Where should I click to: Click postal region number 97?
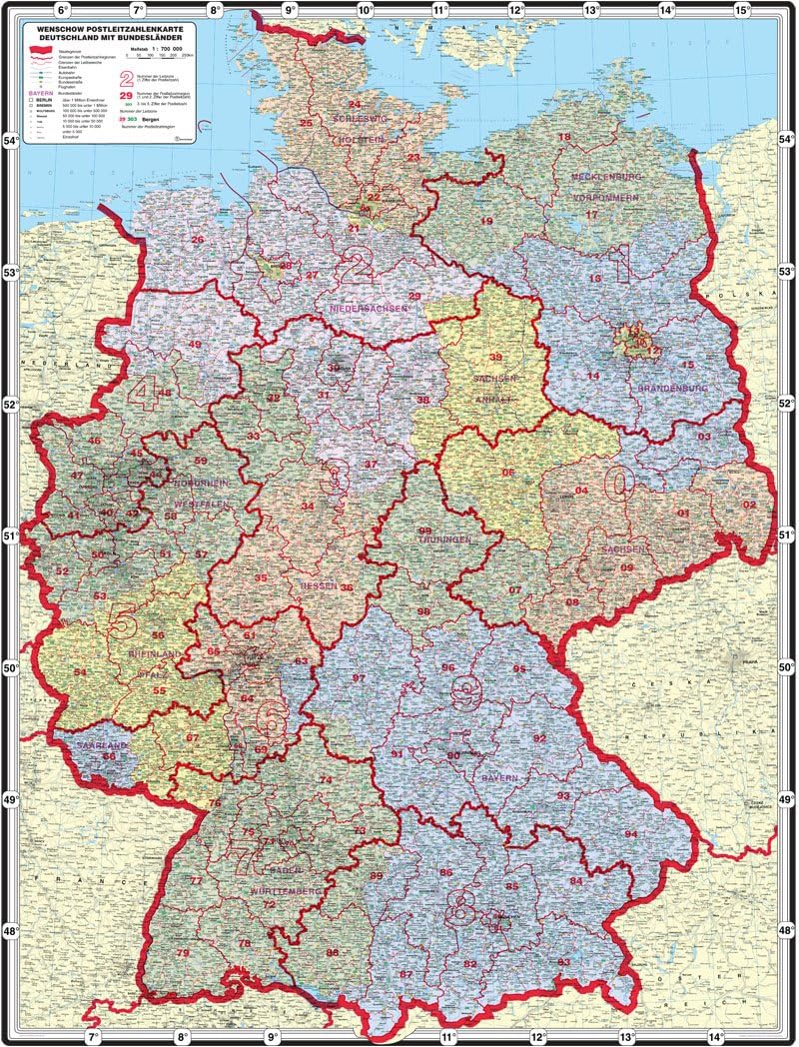pyautogui.click(x=358, y=677)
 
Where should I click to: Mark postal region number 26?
pyautogui.click(x=197, y=240)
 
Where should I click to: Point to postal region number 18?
pyautogui.click(x=564, y=137)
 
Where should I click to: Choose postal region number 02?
pyautogui.click(x=749, y=505)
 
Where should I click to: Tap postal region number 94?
pyautogui.click(x=630, y=833)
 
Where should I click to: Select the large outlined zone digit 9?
pyautogui.click(x=466, y=691)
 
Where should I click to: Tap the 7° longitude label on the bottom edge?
pyautogui.click(x=95, y=1037)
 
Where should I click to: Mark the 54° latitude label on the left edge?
pyautogui.click(x=13, y=140)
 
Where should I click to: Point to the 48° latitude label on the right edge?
pyautogui.click(x=786, y=930)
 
